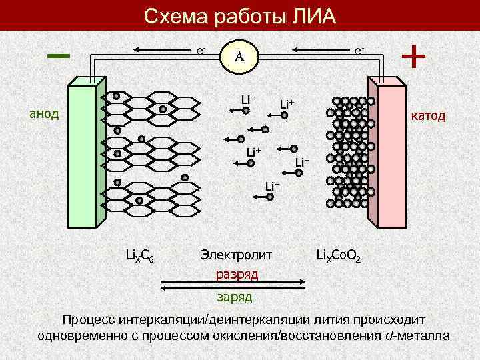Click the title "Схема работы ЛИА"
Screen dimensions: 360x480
tap(240, 15)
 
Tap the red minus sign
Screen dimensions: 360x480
tap(59, 55)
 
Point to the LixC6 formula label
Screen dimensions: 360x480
tap(140, 254)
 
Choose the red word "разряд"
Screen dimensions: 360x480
tap(237, 274)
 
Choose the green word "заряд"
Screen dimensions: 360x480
tap(234, 295)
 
